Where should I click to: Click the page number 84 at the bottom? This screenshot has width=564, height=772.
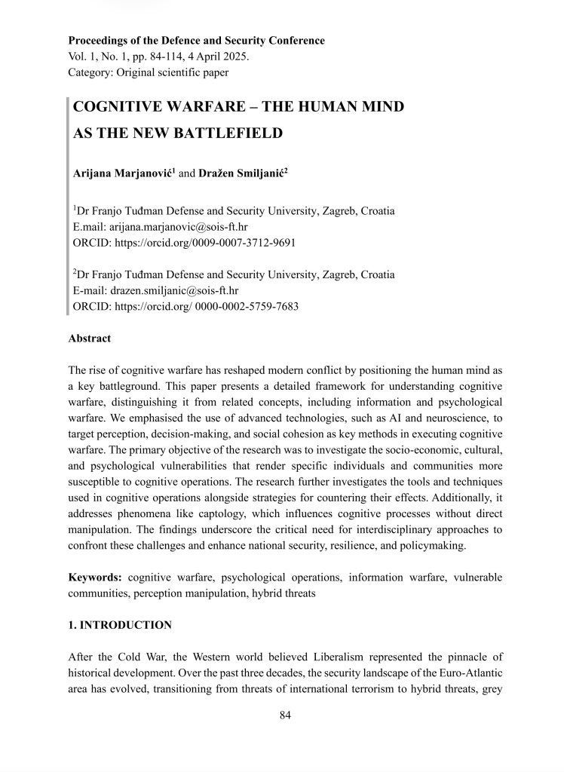pyautogui.click(x=285, y=715)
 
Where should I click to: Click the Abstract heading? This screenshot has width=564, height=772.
pyautogui.click(x=89, y=339)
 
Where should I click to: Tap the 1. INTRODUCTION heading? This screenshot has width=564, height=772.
pyautogui.click(x=120, y=625)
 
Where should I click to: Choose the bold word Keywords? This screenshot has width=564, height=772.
pyautogui.click(x=96, y=577)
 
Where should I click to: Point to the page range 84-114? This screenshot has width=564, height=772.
pyautogui.click(x=156, y=57)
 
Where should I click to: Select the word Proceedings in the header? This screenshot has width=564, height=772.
pyautogui.click(x=97, y=41)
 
